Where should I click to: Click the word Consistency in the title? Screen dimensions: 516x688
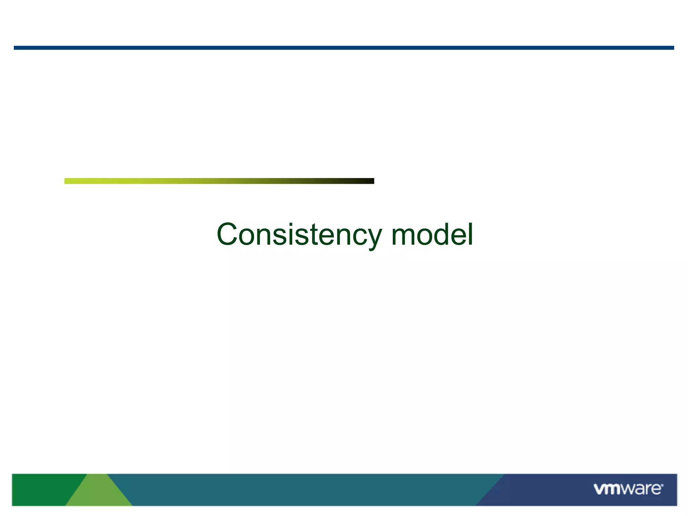point(299,234)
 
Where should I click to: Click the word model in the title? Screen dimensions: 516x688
point(432,234)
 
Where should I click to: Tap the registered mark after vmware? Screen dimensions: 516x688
point(662,485)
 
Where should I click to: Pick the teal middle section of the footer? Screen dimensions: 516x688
point(302,489)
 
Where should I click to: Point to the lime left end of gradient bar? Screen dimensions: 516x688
point(69,181)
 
